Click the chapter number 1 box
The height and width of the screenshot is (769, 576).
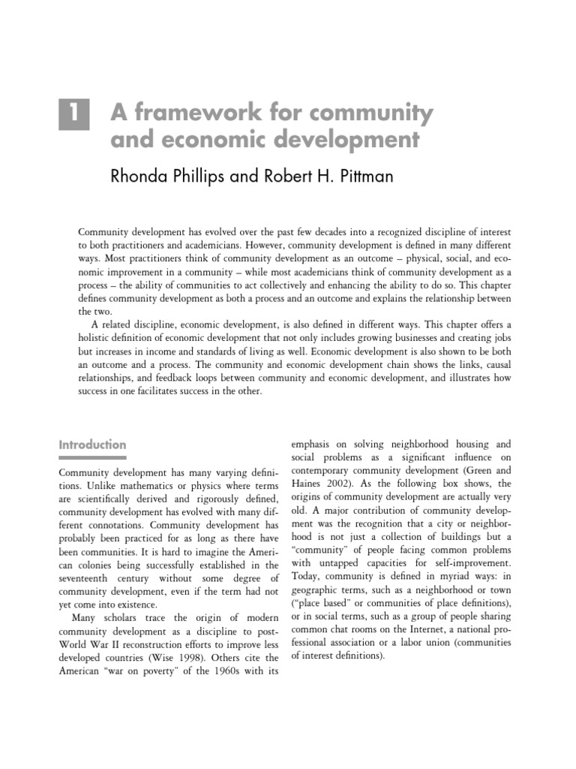point(74,116)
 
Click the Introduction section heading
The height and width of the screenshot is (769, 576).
point(92,445)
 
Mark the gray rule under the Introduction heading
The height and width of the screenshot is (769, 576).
point(92,457)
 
